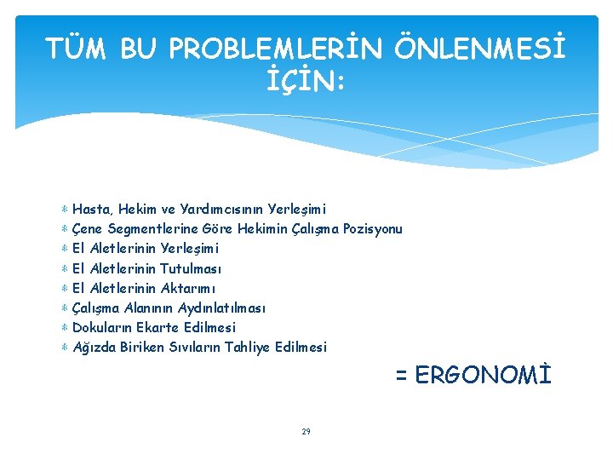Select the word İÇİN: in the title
click(306, 82)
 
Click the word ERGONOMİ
click(484, 376)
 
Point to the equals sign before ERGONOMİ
click(400, 376)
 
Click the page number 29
click(306, 432)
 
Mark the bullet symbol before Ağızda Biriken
click(66, 347)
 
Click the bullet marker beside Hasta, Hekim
click(66, 209)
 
